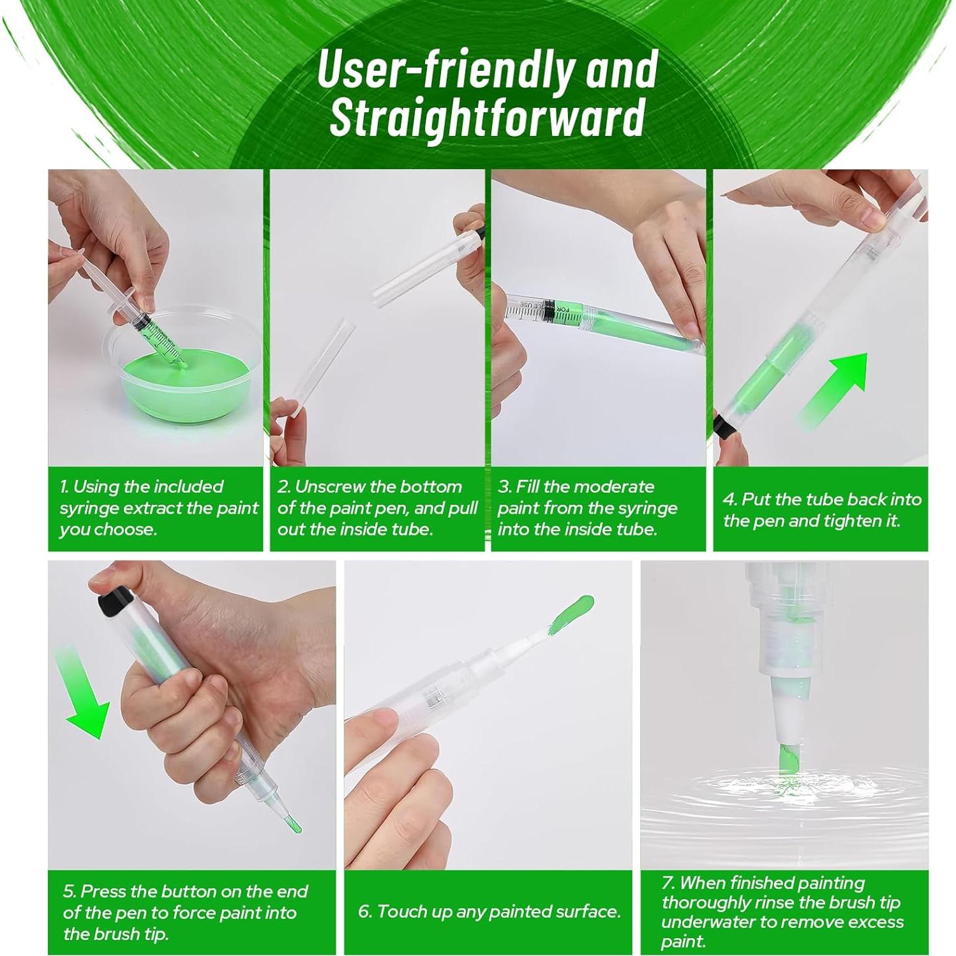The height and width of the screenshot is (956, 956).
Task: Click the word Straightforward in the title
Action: tap(487, 119)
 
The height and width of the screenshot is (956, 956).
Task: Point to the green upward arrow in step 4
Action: tap(833, 389)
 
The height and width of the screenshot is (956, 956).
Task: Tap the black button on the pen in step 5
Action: tap(116, 600)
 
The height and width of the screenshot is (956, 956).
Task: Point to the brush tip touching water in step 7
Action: tap(788, 759)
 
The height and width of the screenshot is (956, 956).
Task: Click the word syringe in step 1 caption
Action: tap(89, 509)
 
